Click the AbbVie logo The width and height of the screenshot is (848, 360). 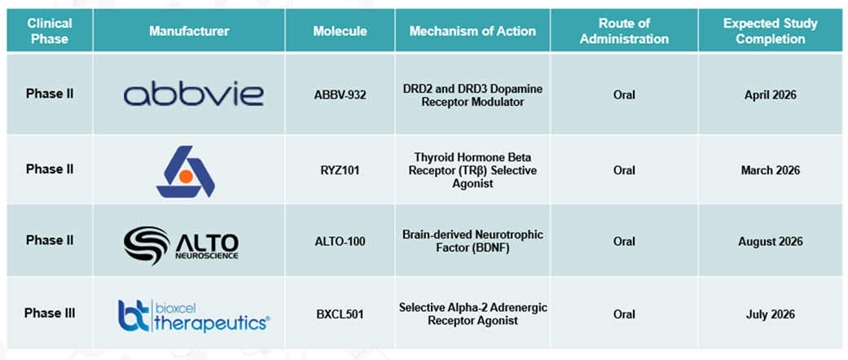(194, 94)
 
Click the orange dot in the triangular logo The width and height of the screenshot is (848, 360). (186, 176)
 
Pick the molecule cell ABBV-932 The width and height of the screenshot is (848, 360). (340, 94)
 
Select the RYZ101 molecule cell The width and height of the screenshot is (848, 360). (340, 169)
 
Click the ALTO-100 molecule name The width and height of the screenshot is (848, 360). (340, 241)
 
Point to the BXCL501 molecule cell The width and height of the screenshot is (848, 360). (340, 314)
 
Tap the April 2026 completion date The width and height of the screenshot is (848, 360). (770, 94)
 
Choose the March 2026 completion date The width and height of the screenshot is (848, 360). (770, 169)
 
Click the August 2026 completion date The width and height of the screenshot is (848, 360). (770, 241)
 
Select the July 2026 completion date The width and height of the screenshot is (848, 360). (770, 314)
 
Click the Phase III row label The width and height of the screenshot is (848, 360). (49, 314)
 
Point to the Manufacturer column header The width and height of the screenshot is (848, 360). (189, 31)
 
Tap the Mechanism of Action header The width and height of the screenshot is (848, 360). (472, 31)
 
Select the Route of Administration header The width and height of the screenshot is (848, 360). (623, 31)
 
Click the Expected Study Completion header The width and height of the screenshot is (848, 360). (770, 31)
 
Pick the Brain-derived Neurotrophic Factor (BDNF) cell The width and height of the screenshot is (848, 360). (472, 241)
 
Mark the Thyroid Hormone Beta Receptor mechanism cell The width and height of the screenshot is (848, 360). (472, 169)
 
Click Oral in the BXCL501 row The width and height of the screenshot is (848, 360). (624, 314)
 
